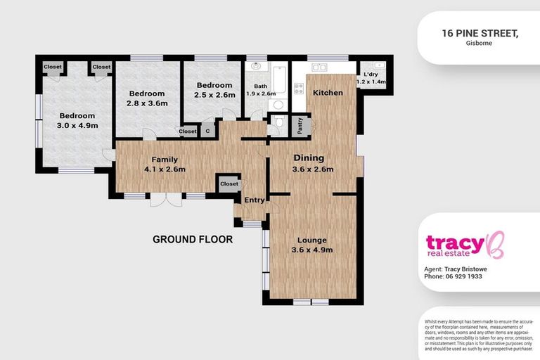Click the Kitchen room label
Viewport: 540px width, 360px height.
tap(328, 93)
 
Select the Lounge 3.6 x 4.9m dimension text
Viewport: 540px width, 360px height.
tap(312, 250)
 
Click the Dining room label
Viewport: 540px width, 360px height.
tap(308, 158)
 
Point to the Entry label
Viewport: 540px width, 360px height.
tap(254, 200)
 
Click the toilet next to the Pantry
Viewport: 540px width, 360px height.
tap(278, 124)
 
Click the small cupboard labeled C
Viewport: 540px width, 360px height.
tap(207, 131)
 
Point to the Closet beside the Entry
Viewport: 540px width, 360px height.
tap(229, 184)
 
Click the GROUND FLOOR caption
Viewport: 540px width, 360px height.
tap(192, 239)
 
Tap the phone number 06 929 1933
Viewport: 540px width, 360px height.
tap(463, 276)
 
